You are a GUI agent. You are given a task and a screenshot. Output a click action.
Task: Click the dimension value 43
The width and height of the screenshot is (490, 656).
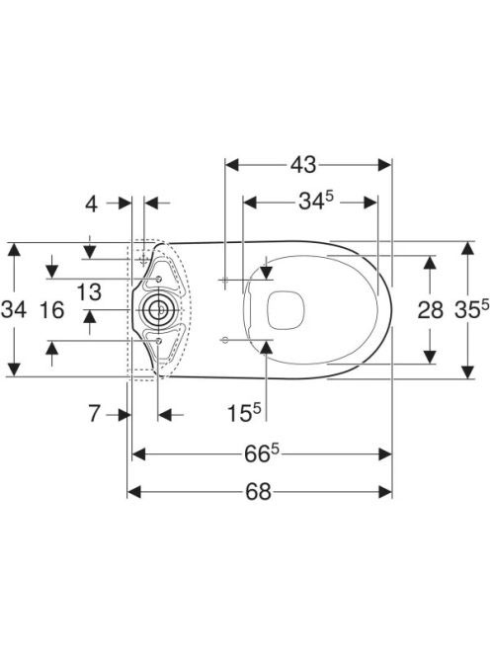coord(303,165)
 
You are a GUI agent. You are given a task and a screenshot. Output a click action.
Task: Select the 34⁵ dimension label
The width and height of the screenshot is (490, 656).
coord(316,203)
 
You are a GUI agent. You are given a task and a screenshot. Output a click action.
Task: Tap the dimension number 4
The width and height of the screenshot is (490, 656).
coord(91,204)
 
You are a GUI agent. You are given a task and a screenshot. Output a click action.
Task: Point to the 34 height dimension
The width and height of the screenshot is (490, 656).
coord(14,310)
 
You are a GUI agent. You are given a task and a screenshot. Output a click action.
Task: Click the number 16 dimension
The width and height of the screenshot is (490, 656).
coord(52,310)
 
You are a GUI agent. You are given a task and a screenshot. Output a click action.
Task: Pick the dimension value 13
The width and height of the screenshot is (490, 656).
coord(89,292)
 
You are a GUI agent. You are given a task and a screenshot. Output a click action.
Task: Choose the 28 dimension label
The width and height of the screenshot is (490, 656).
coord(430,310)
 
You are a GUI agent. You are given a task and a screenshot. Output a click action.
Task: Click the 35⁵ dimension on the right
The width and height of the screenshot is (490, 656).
coord(471,309)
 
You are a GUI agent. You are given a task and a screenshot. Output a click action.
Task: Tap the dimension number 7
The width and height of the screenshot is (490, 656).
coord(95,414)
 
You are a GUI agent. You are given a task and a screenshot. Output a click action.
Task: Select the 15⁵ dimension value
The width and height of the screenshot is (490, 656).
coord(244,413)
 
